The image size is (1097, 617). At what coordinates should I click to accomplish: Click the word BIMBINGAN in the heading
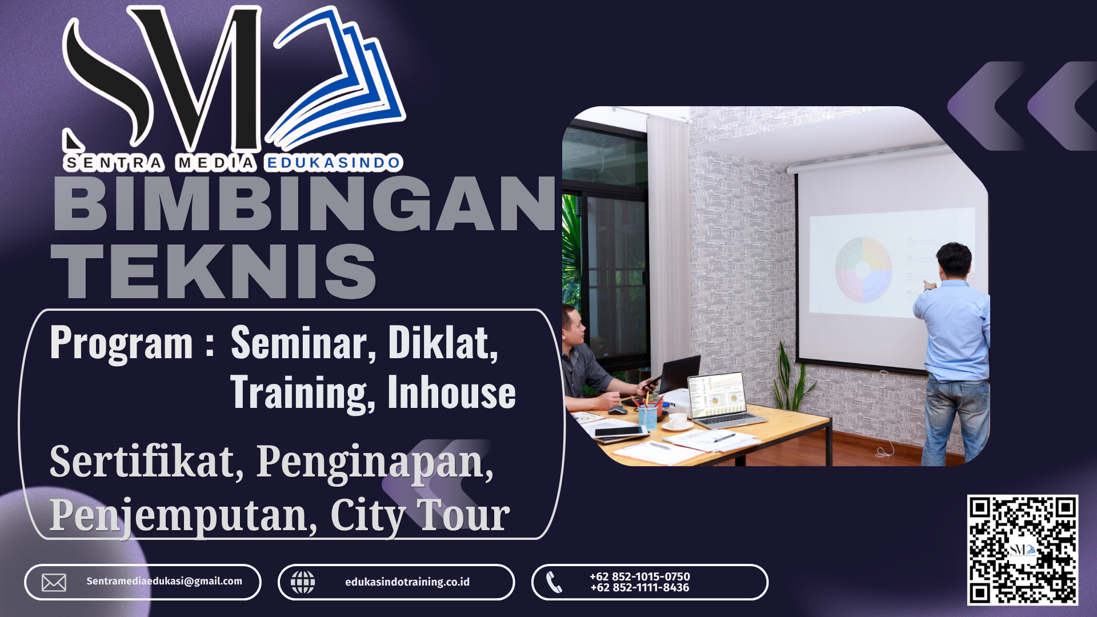[304, 204]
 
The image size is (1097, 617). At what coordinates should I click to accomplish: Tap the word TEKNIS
[214, 271]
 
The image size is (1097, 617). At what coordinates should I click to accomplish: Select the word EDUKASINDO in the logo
[334, 163]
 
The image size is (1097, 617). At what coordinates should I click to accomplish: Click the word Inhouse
[451, 392]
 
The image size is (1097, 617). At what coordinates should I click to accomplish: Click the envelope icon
[54, 582]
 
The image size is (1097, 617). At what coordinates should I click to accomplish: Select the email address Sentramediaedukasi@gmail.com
[164, 581]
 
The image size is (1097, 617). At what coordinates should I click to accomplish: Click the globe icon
[303, 582]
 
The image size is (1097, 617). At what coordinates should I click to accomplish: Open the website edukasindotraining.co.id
[407, 582]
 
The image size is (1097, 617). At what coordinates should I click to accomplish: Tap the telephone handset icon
[554, 582]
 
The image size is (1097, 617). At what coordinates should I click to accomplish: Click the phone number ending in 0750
[640, 576]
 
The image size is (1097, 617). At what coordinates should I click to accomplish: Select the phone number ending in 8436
[640, 587]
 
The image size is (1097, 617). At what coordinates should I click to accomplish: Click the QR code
[1022, 550]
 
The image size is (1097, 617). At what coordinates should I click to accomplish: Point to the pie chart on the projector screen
[863, 270]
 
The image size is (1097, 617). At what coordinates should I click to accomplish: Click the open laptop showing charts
[723, 400]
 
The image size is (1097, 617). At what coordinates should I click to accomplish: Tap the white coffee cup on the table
[678, 420]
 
